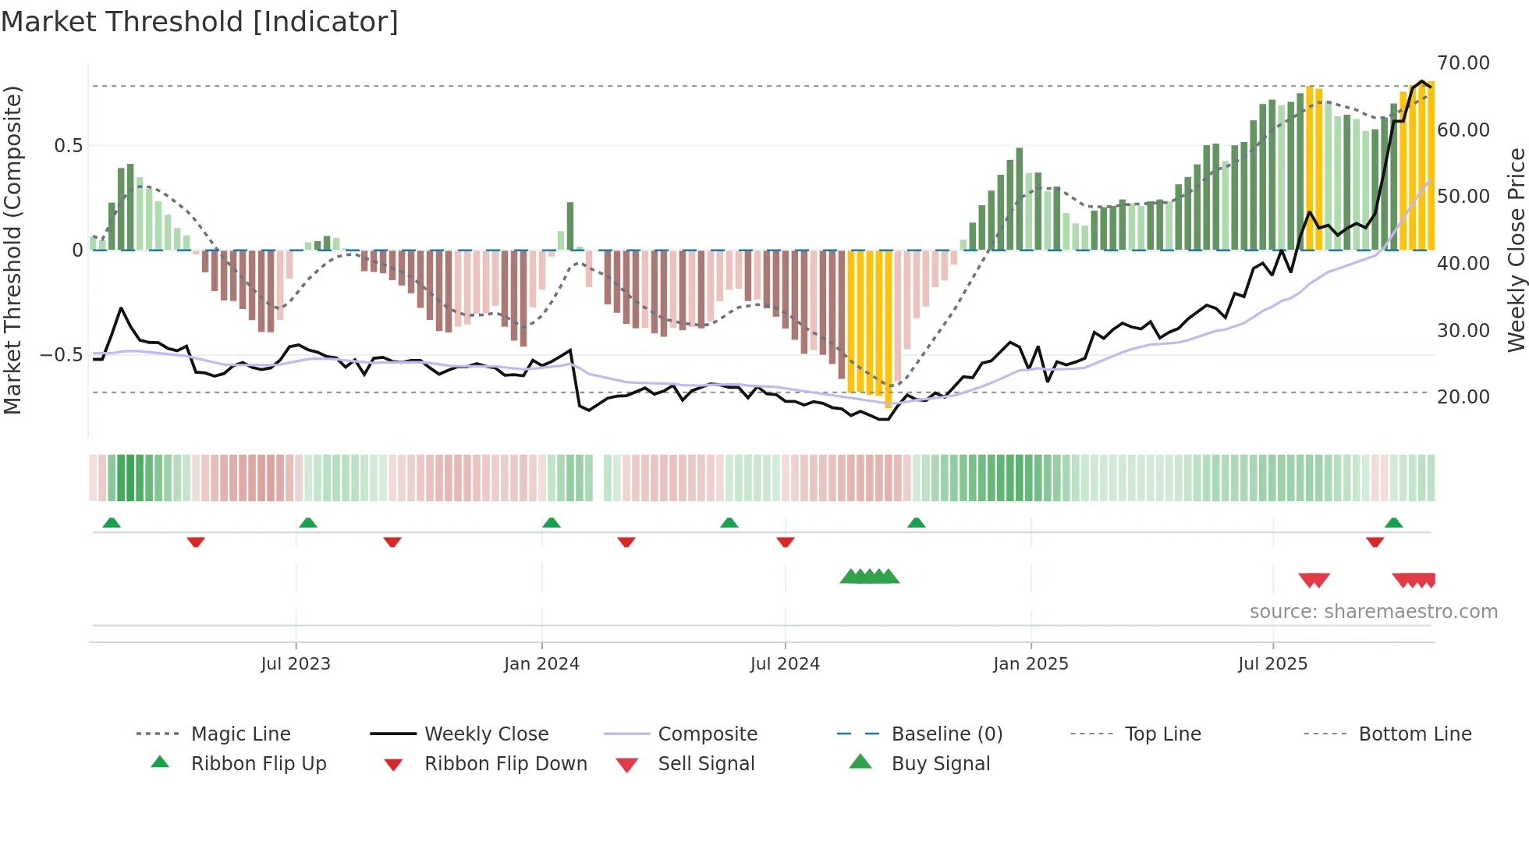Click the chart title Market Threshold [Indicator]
click(200, 22)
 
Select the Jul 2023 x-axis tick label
click(296, 664)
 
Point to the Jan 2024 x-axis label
click(541, 664)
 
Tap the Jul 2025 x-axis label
click(1272, 664)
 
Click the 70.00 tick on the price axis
click(1463, 63)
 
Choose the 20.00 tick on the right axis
click(1463, 397)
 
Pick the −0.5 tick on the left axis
click(62, 355)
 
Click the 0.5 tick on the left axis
click(68, 146)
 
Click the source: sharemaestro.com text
click(1373, 612)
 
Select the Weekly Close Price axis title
click(1516, 250)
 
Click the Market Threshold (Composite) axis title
click(12, 250)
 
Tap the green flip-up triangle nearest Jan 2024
click(552, 523)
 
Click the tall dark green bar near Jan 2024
click(570, 226)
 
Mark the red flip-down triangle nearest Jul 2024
click(786, 542)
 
